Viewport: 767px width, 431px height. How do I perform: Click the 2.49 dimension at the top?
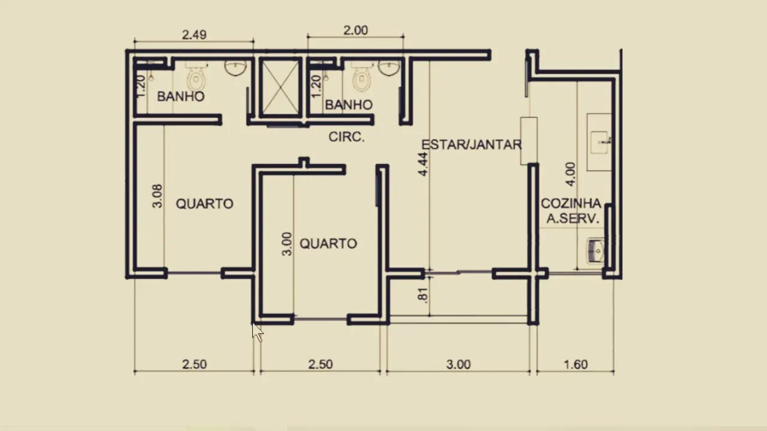(x=194, y=35)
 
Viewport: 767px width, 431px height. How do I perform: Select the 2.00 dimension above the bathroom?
(x=356, y=31)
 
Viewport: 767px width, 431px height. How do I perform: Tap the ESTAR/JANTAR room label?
(x=472, y=145)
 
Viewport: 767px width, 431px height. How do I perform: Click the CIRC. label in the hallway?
(x=346, y=137)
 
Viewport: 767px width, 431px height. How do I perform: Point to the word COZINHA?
(x=571, y=204)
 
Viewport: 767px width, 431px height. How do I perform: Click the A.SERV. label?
(x=573, y=218)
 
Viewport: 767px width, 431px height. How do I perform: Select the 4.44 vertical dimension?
(x=423, y=164)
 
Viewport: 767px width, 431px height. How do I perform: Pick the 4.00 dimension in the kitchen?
(x=570, y=174)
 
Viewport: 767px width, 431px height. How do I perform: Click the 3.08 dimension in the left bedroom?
(x=157, y=196)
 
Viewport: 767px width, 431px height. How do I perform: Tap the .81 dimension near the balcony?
(x=423, y=295)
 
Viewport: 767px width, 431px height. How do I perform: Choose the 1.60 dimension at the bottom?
(x=576, y=365)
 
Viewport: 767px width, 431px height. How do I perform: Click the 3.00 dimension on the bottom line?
(x=458, y=365)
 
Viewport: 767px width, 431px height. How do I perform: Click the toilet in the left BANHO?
(x=196, y=76)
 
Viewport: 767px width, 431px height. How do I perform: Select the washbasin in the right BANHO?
(x=389, y=68)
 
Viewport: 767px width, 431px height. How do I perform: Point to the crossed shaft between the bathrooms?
(x=280, y=87)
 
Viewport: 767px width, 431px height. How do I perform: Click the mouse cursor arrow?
(x=258, y=332)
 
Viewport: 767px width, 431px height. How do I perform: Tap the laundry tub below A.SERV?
(x=596, y=251)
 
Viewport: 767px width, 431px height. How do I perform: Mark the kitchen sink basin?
(x=599, y=142)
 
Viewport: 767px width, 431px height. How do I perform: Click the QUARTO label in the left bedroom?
(x=205, y=204)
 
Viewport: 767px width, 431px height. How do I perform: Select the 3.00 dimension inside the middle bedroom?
(x=287, y=244)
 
